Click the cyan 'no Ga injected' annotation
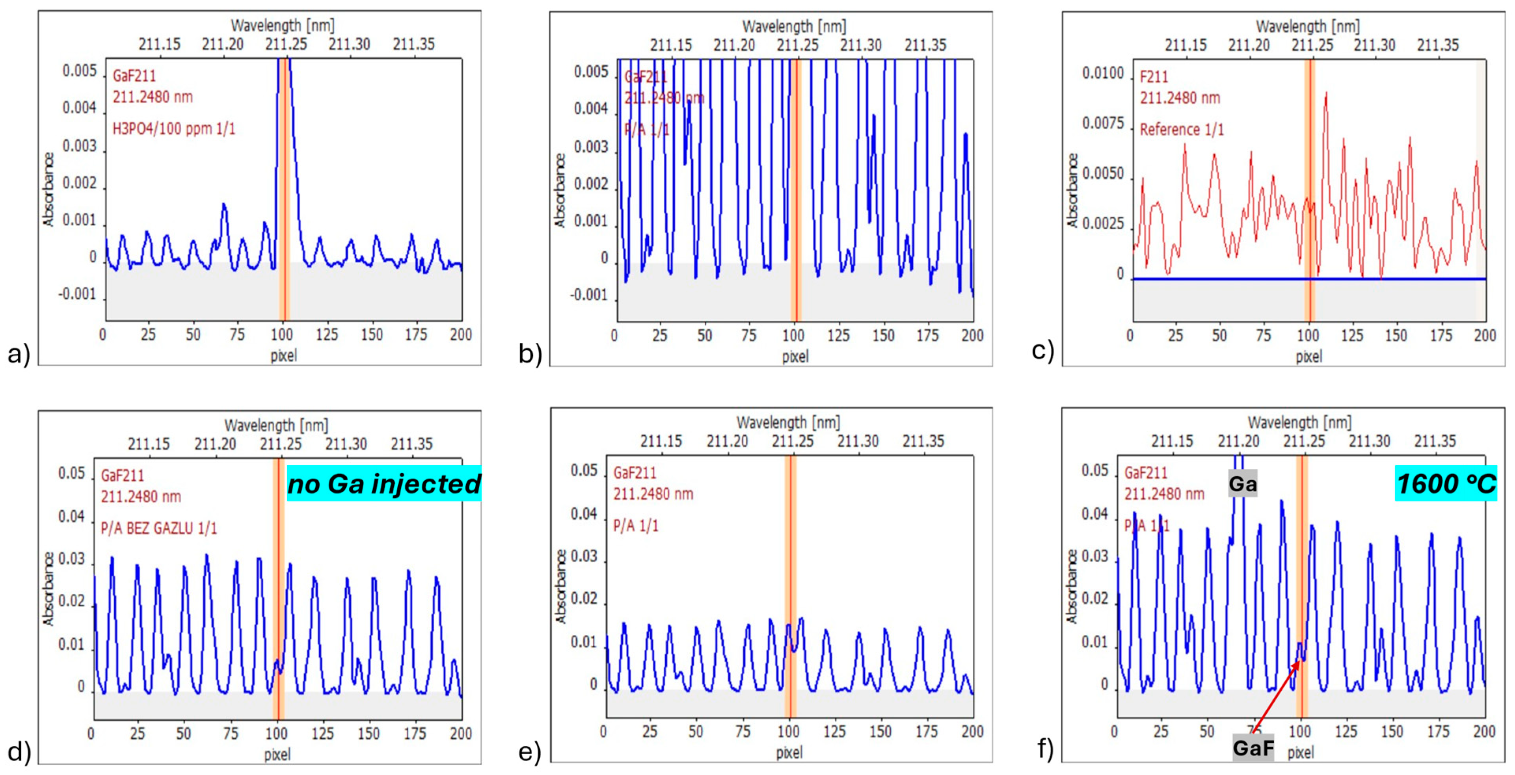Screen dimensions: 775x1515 click(383, 484)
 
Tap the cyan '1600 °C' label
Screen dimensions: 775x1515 click(1446, 484)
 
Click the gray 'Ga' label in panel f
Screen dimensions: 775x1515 click(1242, 484)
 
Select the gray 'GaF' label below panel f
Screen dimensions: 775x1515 click(1253, 748)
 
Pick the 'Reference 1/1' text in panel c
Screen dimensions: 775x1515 click(1182, 129)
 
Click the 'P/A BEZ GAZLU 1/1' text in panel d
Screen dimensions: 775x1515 click(159, 528)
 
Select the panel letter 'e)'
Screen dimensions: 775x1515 click(529, 752)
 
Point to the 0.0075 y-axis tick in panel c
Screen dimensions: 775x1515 click(1103, 123)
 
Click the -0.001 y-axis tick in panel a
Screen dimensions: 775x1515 click(77, 294)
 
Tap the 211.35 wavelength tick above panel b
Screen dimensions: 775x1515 click(925, 45)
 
